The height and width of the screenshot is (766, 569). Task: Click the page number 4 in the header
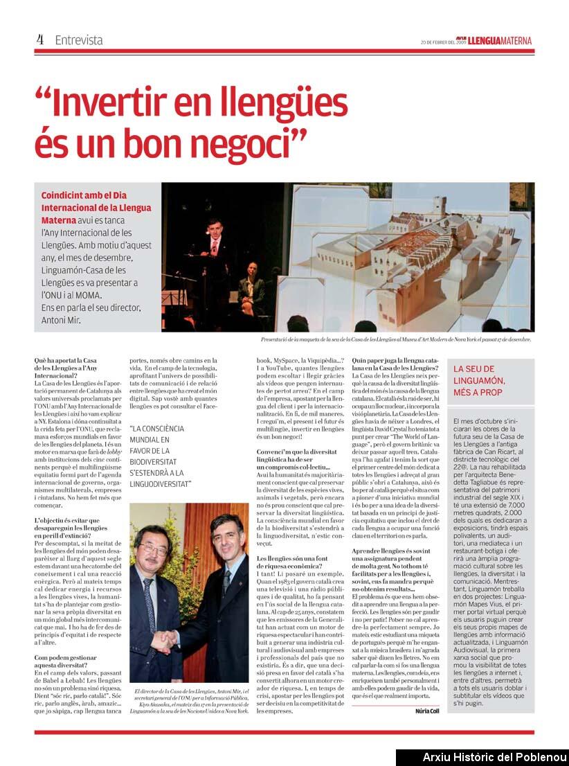tap(40, 39)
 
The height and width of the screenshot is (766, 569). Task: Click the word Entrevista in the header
tap(79, 40)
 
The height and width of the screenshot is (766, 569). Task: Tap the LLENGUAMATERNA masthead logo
tap(499, 41)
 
